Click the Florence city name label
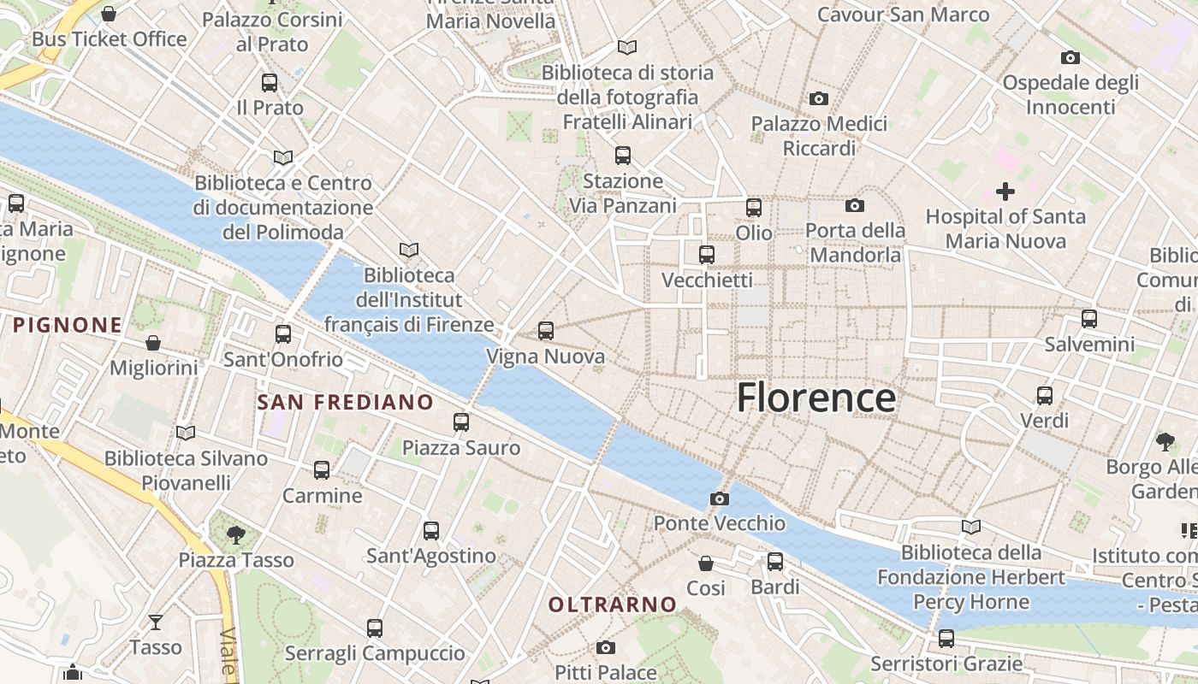coord(815,398)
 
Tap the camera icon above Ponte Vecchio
coord(720,498)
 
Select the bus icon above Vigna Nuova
coord(546,331)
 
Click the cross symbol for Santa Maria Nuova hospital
coord(1005,191)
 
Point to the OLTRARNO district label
coord(612,604)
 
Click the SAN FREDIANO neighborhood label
coord(346,402)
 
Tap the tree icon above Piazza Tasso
coord(235,535)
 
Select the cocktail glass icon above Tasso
coord(156,622)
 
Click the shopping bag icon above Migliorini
coord(153,343)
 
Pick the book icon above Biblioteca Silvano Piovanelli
coord(186,433)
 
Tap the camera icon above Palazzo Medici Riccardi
coord(819,99)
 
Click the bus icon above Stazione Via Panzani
coord(623,156)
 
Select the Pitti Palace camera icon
coord(606,647)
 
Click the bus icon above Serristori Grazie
coord(946,638)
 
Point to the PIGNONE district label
coord(68,325)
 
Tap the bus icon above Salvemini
coord(1089,319)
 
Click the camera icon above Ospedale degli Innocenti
coord(1070,58)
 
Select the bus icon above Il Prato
coord(270,83)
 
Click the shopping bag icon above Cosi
coord(706,563)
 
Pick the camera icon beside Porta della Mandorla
coord(854,206)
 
